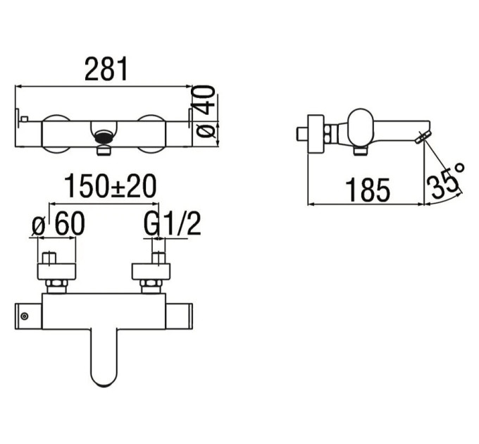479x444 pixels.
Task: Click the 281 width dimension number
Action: (106, 69)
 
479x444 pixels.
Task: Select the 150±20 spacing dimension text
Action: (110, 186)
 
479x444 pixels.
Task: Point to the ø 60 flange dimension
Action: (58, 223)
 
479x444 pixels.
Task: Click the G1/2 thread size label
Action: (173, 223)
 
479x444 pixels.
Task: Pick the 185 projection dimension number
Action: (368, 190)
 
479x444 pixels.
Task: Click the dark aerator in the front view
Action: (104, 137)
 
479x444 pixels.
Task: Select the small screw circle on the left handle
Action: (25, 316)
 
